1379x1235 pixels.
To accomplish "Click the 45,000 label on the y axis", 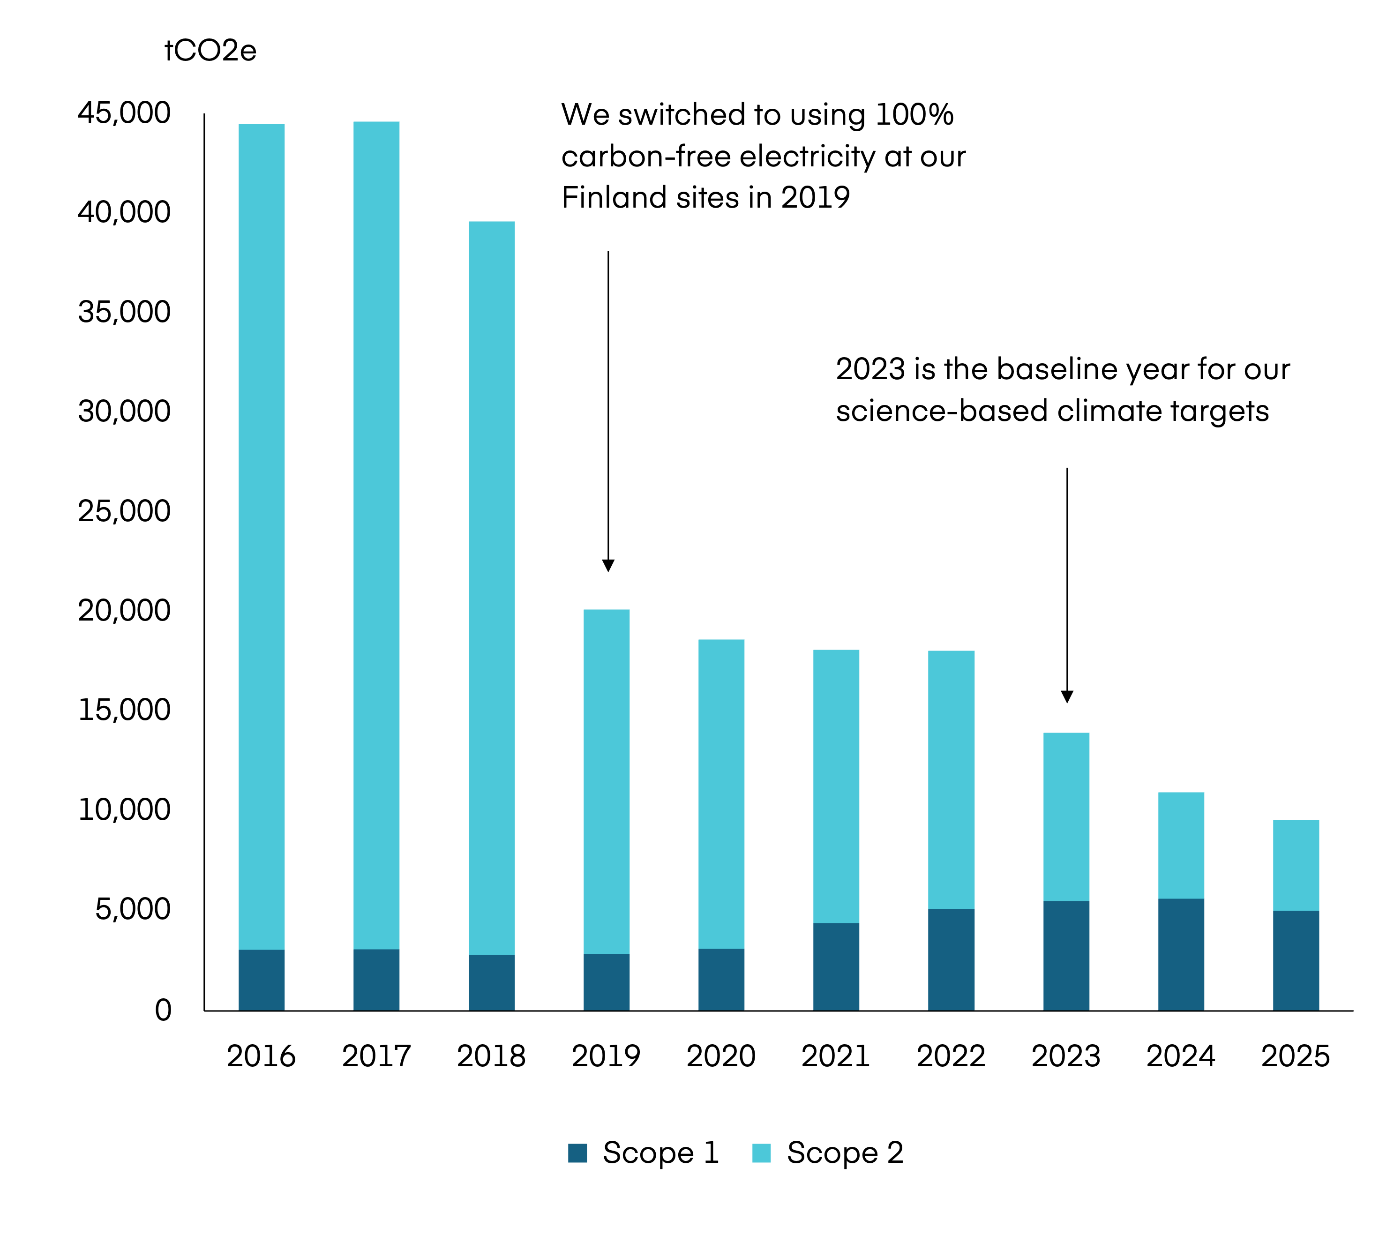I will [124, 112].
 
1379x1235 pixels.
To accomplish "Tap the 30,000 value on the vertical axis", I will [124, 411].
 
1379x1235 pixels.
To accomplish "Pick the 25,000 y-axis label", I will [124, 510].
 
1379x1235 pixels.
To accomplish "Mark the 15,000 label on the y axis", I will [124, 709].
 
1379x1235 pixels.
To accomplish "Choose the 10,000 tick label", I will [124, 809].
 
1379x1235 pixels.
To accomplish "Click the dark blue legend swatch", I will [577, 1153].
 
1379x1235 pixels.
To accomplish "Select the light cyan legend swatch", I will [761, 1153].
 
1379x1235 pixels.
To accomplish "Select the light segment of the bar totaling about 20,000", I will [607, 780].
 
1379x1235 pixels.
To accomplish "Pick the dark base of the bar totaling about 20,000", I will [607, 982].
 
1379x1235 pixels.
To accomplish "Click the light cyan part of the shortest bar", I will [1296, 865].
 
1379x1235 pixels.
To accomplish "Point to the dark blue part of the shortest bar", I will [1296, 960].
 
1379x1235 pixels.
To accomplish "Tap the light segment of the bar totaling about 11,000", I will [1182, 845].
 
